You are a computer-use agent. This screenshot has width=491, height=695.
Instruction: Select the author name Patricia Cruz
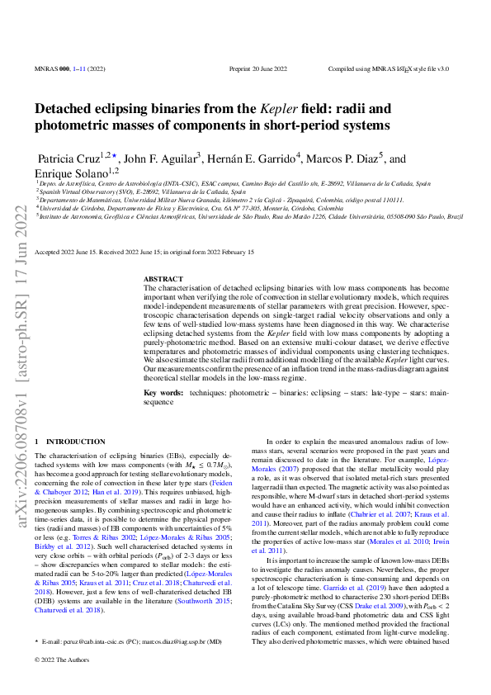[68, 158]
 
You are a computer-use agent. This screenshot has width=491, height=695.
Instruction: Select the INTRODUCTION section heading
[70, 442]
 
